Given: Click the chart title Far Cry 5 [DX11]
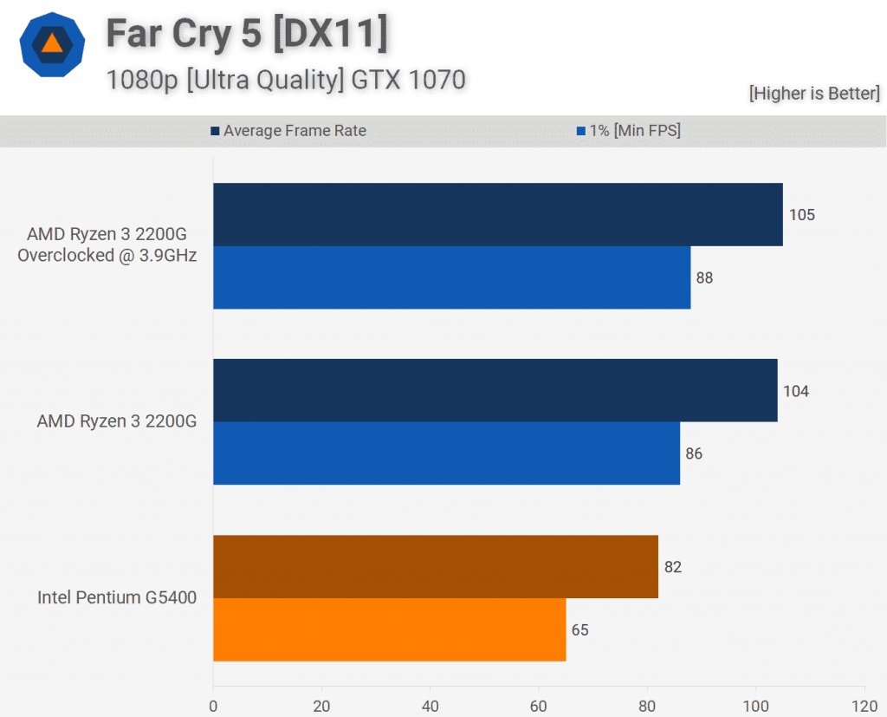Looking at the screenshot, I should coord(247,35).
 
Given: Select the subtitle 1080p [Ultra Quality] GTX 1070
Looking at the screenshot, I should coord(286,80).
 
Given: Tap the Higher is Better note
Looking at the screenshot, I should coord(814,94).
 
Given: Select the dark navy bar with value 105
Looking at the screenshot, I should coord(498,214).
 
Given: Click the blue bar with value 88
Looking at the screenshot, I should coord(451,277).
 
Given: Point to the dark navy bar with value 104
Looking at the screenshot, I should coord(495,390).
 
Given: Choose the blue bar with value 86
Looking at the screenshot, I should coord(446,453).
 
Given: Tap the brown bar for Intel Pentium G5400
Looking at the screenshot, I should coord(436,566).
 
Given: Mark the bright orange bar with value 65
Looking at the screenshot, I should coord(389,629).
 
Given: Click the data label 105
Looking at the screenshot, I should coord(802,214).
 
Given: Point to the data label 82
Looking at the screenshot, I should coord(673,567).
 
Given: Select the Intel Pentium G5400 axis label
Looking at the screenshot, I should coord(117,597).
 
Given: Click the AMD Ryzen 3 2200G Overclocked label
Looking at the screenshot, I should coord(107,244).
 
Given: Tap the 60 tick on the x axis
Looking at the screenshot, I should coord(539,706).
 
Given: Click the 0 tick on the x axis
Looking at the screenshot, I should coord(213,706).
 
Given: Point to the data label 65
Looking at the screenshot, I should coord(580,630).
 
